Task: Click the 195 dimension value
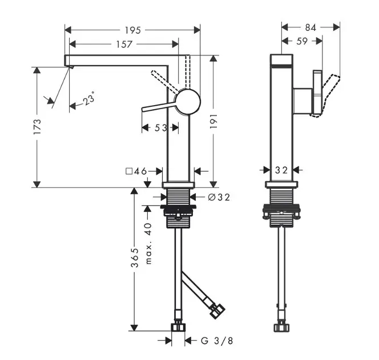coord(132,30)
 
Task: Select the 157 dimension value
coord(124,44)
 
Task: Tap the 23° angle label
coord(88,98)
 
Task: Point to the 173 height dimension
coord(38,126)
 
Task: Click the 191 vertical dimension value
coord(213,121)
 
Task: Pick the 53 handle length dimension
coord(161,127)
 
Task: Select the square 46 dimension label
coord(136,171)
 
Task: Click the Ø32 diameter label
coord(219,197)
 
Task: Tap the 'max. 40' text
coord(148,243)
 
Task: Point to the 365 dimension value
coord(135,257)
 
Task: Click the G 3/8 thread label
coord(217,341)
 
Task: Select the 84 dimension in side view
coord(311,27)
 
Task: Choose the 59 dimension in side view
coord(302,41)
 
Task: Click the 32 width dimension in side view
coord(281,170)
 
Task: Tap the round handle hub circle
coord(188,102)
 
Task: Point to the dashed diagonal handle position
coord(165,82)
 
